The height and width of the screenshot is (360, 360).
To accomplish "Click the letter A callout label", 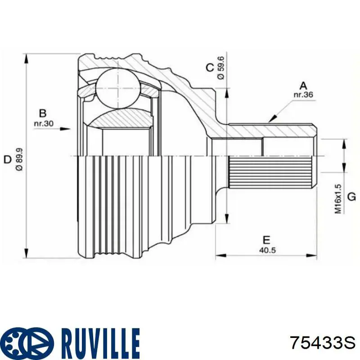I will [303, 85].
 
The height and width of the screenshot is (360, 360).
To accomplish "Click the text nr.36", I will [303, 95].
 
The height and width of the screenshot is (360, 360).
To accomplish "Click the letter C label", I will [209, 68].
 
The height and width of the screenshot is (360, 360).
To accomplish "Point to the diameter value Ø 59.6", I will [220, 68].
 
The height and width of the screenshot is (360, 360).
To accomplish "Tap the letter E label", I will [266, 239].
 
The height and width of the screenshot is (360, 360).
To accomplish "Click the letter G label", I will [351, 197].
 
